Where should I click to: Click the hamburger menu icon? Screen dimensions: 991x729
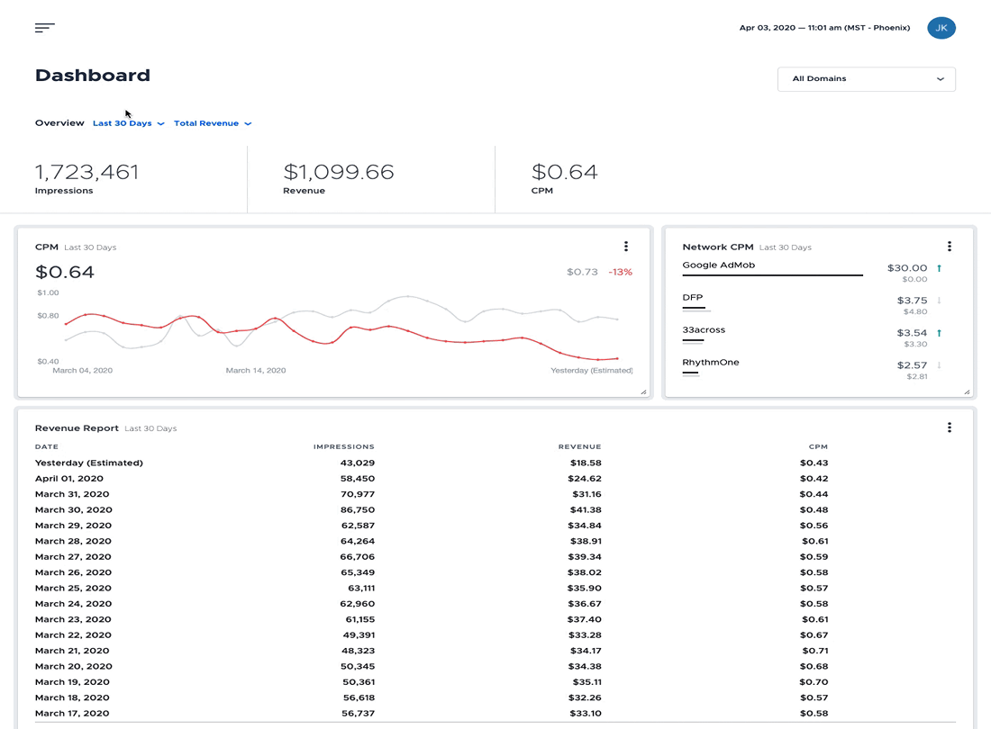(45, 28)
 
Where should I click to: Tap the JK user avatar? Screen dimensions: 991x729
(941, 28)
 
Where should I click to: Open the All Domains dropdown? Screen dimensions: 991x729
(866, 79)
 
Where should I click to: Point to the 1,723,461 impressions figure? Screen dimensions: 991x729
(86, 172)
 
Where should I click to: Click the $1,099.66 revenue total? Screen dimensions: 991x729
(339, 172)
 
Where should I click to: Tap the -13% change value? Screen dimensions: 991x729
(620, 272)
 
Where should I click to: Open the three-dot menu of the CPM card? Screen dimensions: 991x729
(626, 247)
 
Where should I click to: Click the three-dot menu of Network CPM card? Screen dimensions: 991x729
(949, 247)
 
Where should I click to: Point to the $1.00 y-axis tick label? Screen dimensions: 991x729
(48, 292)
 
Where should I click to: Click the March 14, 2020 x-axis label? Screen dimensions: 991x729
(256, 371)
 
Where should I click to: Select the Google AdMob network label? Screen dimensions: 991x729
(719, 265)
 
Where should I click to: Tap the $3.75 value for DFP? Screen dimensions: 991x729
(912, 301)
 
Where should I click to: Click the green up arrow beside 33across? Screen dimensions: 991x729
(939, 333)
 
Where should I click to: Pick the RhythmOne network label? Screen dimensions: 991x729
(711, 363)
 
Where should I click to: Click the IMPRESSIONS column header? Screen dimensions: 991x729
(344, 447)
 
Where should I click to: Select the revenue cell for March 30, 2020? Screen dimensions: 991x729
(585, 510)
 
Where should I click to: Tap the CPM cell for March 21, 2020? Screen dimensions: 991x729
(814, 651)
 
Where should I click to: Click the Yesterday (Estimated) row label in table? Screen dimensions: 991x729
(89, 463)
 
